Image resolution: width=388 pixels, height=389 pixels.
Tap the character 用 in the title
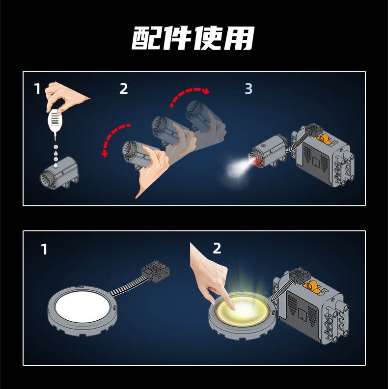coord(239,38)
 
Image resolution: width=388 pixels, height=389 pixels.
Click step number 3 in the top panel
coord(249,88)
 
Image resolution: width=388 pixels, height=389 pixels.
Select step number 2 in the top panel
coord(124,88)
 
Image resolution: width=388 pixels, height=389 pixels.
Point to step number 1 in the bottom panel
coord(44,249)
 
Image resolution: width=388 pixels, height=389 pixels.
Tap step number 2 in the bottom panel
coord(217,249)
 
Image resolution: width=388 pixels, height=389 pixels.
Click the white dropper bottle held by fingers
coord(55,122)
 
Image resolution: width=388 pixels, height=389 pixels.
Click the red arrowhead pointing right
coord(206,91)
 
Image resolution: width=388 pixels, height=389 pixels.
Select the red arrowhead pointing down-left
coord(105,154)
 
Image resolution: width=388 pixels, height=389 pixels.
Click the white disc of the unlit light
coord(83,306)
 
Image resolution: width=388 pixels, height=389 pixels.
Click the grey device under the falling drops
coord(59,173)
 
